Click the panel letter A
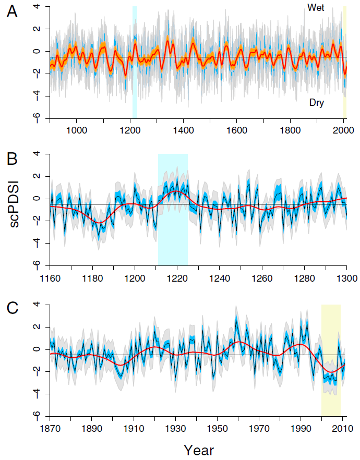pos(12,13)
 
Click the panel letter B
pos(12,159)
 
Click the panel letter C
pos(12,309)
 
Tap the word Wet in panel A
pos(316,8)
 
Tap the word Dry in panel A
pos(316,103)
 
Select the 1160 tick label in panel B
pos(50,278)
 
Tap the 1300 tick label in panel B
pos(346,278)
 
